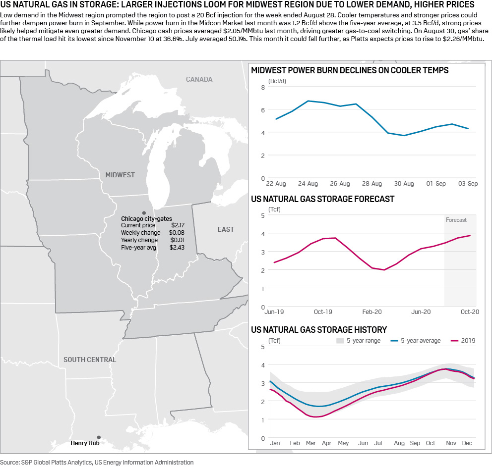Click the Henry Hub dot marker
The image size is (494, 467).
coord(99,437)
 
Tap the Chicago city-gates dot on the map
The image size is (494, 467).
coord(144,212)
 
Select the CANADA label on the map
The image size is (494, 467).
coord(199,79)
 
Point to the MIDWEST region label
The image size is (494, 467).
coord(120,175)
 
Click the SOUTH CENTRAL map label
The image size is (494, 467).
coord(90,360)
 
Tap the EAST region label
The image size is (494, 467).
coord(226,229)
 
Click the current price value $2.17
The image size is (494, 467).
coord(178,225)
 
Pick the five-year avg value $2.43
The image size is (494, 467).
coord(177,247)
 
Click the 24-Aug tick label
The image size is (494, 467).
coord(308,184)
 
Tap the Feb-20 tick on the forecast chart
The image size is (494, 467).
coord(371,312)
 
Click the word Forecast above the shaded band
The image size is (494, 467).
coord(456,220)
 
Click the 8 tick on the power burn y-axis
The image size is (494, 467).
coord(263,87)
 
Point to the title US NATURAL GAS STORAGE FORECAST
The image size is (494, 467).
coord(323,199)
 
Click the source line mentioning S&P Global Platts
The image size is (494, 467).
coord(97,463)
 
